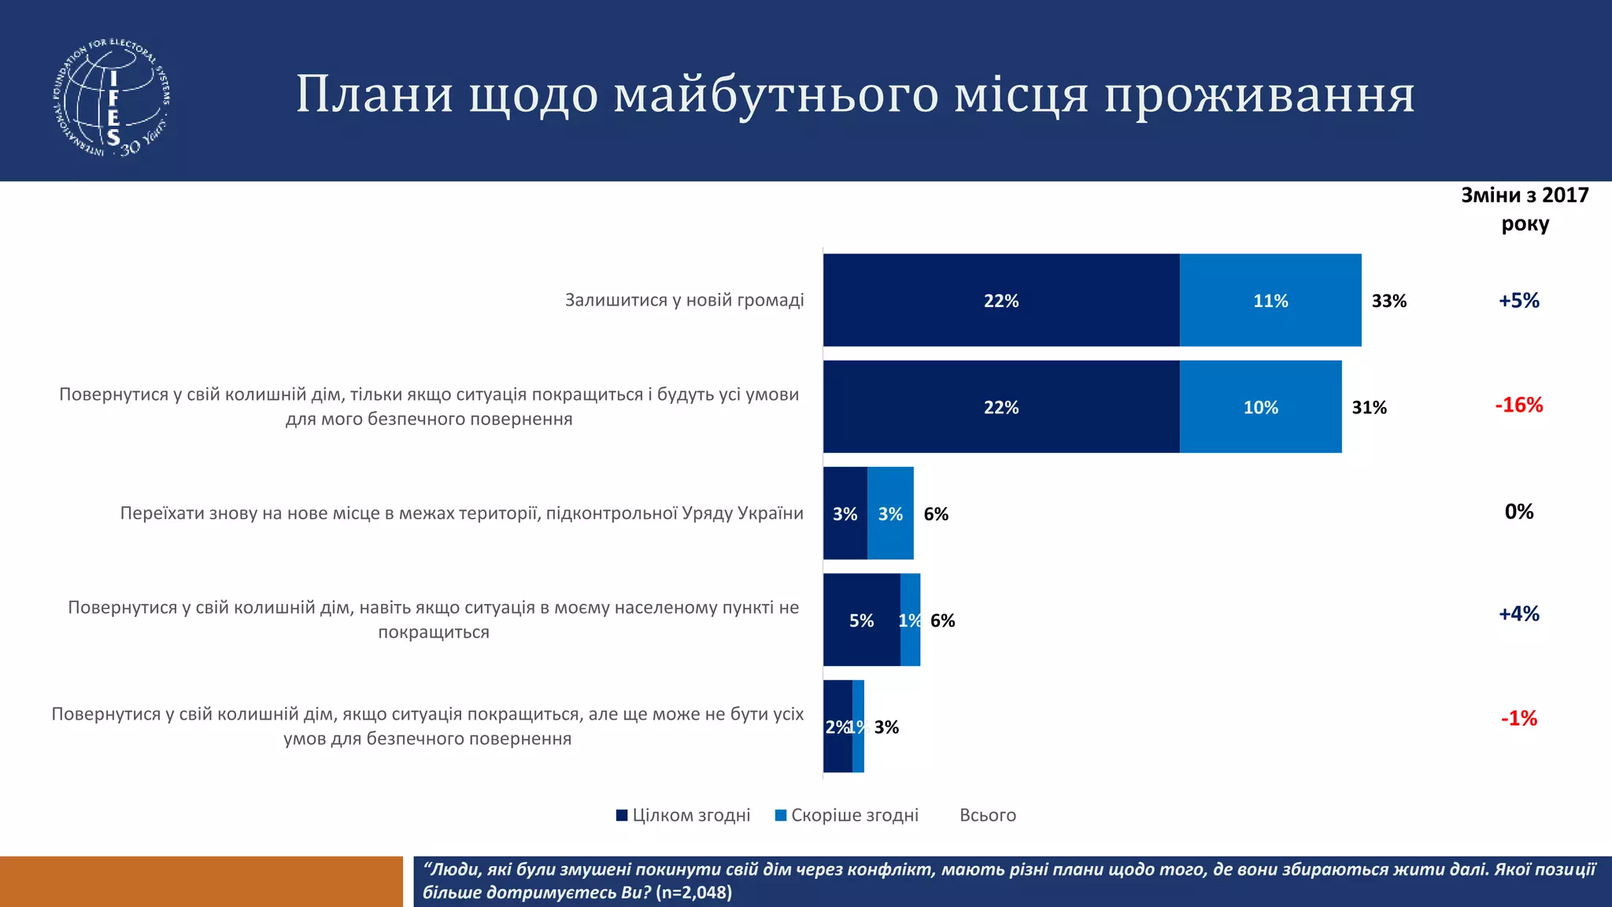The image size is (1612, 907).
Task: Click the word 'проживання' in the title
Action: [x=1259, y=94]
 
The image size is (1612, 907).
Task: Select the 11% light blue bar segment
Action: [x=1270, y=300]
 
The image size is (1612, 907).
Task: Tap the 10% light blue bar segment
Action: [x=1260, y=407]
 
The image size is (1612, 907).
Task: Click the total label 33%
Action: [x=1388, y=301]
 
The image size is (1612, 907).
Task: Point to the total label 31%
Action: [x=1369, y=408]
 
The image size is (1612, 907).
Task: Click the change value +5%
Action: [x=1518, y=300]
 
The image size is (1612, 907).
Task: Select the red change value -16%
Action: [x=1518, y=405]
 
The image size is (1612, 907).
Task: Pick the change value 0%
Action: [x=1518, y=512]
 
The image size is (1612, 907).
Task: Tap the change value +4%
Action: [x=1518, y=613]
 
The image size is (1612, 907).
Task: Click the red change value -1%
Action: [x=1518, y=718]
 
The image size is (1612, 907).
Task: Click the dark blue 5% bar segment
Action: [x=861, y=620]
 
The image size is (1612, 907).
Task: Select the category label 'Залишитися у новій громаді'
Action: [x=684, y=300]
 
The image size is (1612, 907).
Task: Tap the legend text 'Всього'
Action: [x=987, y=815]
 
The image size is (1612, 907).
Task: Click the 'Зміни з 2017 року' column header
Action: [x=1525, y=209]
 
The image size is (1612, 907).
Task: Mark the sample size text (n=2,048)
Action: [x=693, y=892]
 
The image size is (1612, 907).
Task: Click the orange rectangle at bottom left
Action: [x=201, y=881]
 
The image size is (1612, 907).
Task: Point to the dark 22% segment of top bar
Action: [x=1000, y=300]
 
